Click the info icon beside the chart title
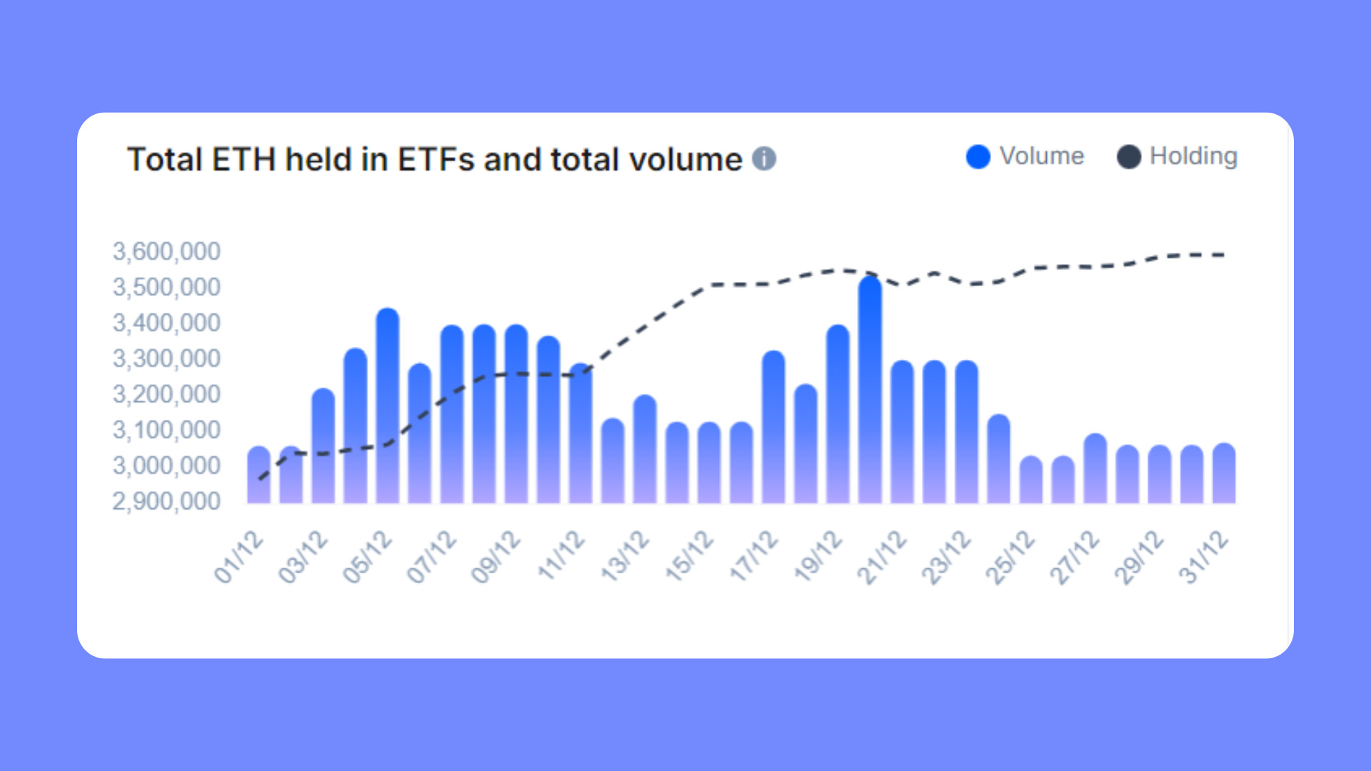click(764, 158)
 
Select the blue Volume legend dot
click(978, 157)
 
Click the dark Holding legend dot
click(1128, 157)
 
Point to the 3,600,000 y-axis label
click(166, 251)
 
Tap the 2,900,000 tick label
click(166, 501)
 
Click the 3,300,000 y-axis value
click(166, 358)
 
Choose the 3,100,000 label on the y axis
click(166, 430)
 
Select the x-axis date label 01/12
click(239, 557)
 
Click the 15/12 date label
click(690, 557)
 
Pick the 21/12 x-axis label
click(883, 557)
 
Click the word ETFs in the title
click(436, 159)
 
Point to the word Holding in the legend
click(1193, 156)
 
